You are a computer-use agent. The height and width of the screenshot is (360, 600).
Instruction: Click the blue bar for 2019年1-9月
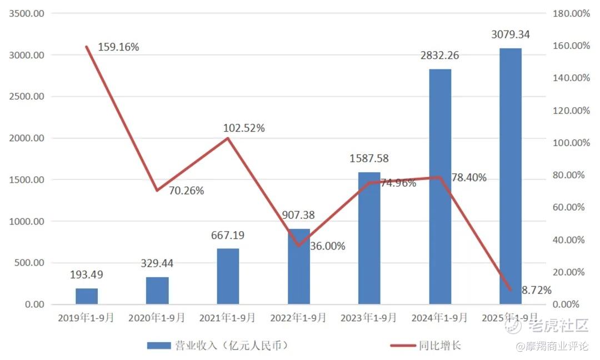coord(87,296)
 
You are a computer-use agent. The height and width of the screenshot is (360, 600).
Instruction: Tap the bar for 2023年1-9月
coord(369,238)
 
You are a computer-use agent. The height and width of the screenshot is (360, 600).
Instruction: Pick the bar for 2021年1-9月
coord(228,276)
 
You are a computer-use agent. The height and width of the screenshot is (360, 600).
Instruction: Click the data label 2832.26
coord(439,56)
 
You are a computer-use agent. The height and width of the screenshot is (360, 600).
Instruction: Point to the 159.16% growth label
coord(118,47)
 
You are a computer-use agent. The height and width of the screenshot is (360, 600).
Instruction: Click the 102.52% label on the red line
coord(244,128)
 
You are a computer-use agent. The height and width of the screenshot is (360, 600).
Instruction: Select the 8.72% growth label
coord(536,290)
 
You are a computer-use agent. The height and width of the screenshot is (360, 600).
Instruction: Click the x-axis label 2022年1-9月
coord(298,318)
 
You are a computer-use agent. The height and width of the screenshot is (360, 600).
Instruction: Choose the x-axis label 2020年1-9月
coord(157,318)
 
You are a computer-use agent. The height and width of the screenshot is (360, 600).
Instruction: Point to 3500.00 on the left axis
coord(28,13)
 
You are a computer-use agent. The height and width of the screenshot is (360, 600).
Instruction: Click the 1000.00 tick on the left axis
coord(28,221)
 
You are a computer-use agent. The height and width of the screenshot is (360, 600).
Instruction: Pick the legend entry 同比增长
coord(440,346)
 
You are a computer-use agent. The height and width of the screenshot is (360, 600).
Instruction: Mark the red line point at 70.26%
coord(157,191)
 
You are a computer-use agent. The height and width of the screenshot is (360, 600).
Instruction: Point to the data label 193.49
coord(87,274)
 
